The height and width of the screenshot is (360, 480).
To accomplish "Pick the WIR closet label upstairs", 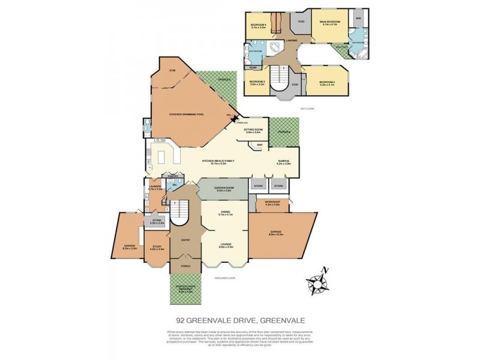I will click(x=358, y=19).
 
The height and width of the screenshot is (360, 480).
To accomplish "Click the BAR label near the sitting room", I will click(x=260, y=145).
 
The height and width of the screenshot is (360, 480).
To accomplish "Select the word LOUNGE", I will click(x=226, y=244).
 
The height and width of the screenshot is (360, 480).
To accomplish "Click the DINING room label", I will click(x=226, y=212).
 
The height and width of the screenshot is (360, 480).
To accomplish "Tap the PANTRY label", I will click(x=174, y=176).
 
